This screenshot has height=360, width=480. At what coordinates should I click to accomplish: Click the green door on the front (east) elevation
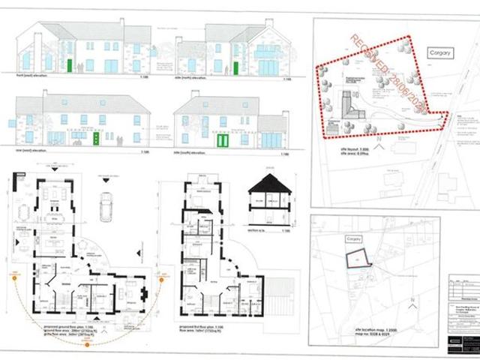click(x=70, y=65)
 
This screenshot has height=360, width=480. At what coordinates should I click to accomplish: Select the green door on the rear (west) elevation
click(x=96, y=139)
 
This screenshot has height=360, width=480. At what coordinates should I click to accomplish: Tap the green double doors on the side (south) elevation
click(x=222, y=140)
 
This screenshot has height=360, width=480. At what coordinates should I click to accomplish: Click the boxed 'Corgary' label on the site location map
click(x=350, y=238)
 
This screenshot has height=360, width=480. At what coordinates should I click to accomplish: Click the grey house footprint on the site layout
click(x=346, y=103)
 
